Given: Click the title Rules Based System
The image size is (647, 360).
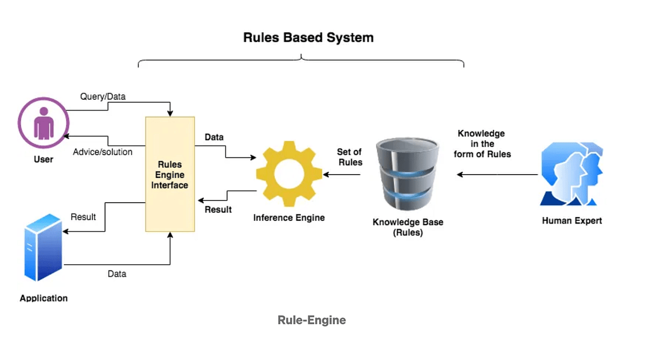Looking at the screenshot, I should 308,38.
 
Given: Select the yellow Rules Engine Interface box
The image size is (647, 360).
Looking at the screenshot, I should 170,174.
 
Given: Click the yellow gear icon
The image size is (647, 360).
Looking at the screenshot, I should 290,174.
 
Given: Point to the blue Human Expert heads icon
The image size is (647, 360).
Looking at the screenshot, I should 572,174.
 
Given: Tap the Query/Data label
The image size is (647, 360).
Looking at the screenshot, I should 103,97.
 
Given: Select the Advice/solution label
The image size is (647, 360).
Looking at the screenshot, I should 102,152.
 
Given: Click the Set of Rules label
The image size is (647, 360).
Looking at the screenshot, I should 349,157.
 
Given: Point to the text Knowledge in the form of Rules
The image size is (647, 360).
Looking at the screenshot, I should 481,143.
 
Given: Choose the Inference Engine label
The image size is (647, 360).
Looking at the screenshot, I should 289,218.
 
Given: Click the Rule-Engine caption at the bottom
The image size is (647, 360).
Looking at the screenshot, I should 312,320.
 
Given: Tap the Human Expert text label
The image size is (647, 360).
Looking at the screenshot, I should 572,220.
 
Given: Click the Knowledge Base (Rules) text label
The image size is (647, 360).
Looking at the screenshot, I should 408,227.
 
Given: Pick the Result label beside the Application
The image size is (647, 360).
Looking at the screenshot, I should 83,217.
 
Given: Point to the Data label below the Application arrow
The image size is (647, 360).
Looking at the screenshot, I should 116,274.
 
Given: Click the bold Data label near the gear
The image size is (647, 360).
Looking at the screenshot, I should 214,137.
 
